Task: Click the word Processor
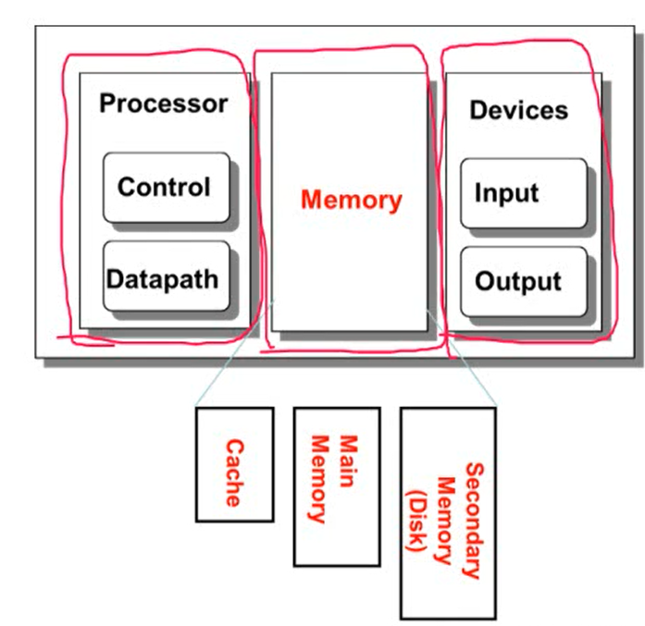pyautogui.click(x=163, y=104)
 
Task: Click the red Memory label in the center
pyautogui.click(x=352, y=201)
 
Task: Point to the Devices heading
pyautogui.click(x=518, y=110)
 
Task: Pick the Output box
pyautogui.click(x=523, y=281)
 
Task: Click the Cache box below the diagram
pyautogui.click(x=234, y=463)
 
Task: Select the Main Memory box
pyautogui.click(x=336, y=485)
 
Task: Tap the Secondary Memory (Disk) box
pyautogui.click(x=448, y=512)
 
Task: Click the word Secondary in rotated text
pyautogui.click(x=472, y=520)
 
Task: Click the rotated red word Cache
pyautogui.click(x=234, y=473)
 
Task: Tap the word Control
pyautogui.click(x=164, y=187)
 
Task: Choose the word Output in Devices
pyautogui.click(x=518, y=282)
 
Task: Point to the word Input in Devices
pyautogui.click(x=506, y=194)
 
